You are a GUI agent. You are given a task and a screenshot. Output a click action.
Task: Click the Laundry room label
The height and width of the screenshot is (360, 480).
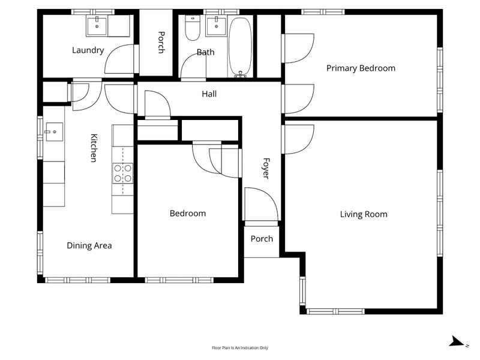(x=88, y=50)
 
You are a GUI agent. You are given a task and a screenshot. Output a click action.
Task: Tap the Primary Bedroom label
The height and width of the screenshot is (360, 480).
(x=361, y=68)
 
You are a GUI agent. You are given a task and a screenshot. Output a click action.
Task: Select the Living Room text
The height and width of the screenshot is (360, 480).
(x=364, y=214)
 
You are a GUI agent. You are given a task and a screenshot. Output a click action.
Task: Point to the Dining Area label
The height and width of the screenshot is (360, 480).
(x=89, y=245)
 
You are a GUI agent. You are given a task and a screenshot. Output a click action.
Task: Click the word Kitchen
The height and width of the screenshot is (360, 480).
(x=94, y=148)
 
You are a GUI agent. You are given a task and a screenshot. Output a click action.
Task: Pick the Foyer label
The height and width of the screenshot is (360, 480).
(x=266, y=168)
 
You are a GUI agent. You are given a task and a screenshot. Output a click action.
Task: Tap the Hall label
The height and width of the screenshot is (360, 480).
(x=209, y=94)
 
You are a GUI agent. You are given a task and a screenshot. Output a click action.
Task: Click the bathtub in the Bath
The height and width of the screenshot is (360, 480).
(x=241, y=47)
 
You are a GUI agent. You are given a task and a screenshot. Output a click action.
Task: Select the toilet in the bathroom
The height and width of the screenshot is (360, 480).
(x=193, y=28)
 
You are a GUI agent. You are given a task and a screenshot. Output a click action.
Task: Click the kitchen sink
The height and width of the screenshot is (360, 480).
(x=54, y=131)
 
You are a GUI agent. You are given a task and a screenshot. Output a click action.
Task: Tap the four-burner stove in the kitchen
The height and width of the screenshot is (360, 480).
(x=123, y=173)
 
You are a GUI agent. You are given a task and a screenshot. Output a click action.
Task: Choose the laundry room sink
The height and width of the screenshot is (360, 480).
(x=97, y=26)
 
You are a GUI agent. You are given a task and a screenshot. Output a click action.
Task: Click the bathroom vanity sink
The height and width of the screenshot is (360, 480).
(x=216, y=26)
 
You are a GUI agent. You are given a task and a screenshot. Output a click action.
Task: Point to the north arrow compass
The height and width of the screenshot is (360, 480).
(x=458, y=341)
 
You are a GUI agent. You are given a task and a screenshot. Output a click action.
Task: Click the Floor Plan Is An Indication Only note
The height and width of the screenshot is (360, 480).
(x=240, y=348)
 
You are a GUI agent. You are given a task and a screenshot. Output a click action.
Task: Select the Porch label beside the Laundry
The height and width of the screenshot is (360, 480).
(x=161, y=42)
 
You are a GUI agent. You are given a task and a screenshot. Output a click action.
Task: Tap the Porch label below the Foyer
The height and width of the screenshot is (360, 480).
(x=262, y=239)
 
